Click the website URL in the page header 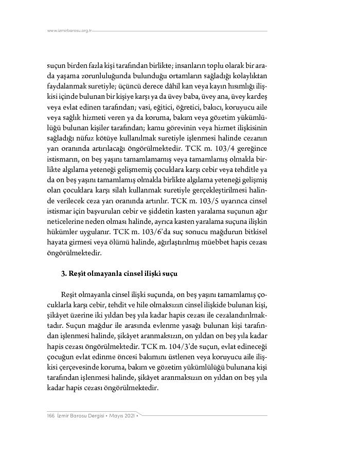pos(69,30)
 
